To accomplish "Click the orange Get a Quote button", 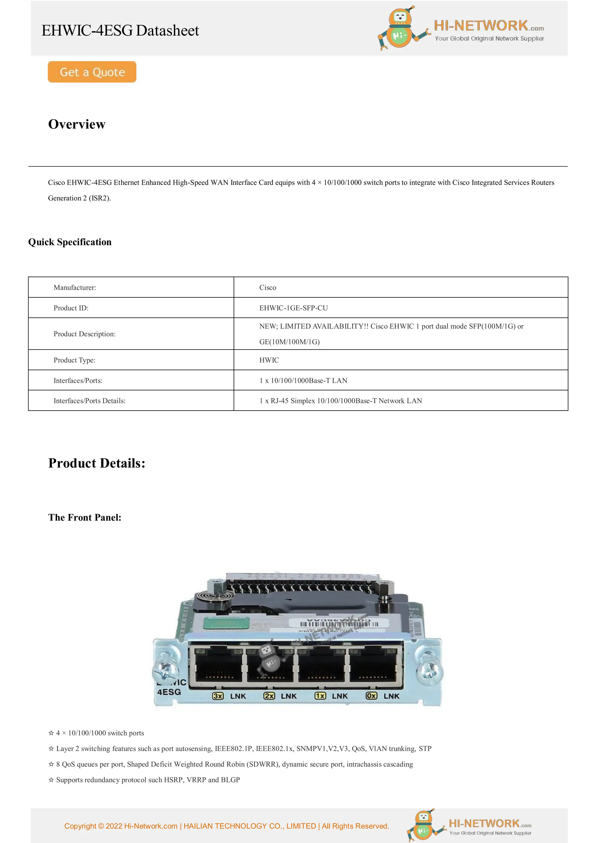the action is point(92,72).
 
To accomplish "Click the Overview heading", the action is point(77,124).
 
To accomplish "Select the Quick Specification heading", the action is point(70,242).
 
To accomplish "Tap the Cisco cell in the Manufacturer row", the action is point(268,287).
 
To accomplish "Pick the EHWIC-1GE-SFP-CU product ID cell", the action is point(293,308).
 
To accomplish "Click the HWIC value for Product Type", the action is point(269,360).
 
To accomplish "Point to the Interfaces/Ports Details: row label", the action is point(89,401).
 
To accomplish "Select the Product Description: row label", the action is point(84,334).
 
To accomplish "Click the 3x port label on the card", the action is point(218,696).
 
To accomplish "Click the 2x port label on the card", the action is point(269,696).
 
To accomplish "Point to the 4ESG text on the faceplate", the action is point(169,692).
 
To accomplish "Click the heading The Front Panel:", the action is point(84,517).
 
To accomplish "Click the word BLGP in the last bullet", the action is point(230,780).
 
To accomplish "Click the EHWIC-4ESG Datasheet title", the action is point(120,31).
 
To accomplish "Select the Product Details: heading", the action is point(97,463).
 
